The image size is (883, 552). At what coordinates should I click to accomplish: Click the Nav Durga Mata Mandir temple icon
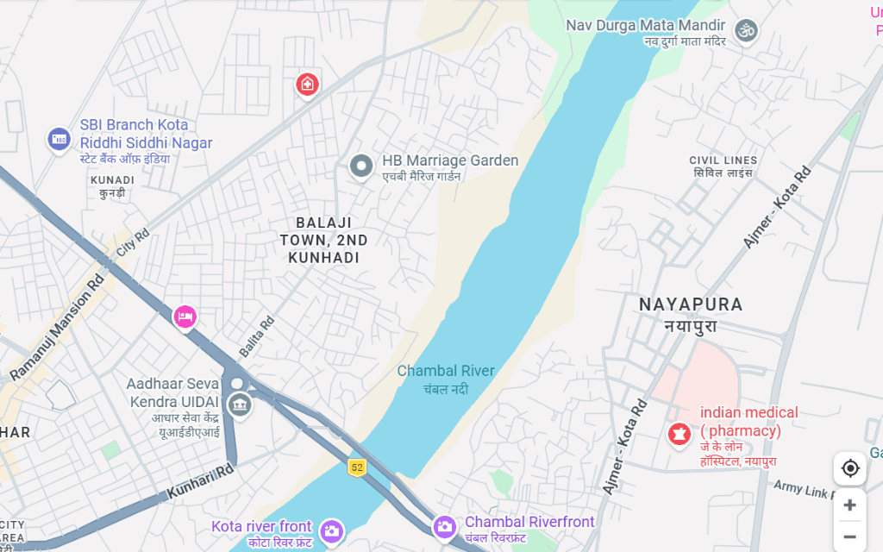[x=746, y=30]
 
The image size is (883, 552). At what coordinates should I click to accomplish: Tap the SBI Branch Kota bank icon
[x=59, y=138]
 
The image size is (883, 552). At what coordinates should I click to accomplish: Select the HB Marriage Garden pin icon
[x=360, y=166]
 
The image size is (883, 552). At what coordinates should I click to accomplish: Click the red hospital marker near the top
[x=307, y=85]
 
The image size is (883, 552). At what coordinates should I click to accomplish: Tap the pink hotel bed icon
[x=185, y=317]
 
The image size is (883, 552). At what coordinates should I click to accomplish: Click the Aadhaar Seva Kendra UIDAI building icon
[x=239, y=405]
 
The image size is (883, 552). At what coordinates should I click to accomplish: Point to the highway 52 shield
[x=357, y=467]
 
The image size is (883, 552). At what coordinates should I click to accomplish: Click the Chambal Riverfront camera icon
[x=444, y=525]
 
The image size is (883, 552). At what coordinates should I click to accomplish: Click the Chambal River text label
[x=446, y=372]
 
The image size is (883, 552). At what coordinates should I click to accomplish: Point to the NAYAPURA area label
[x=691, y=304]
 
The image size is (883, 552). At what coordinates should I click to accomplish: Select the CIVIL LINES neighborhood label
[x=723, y=160]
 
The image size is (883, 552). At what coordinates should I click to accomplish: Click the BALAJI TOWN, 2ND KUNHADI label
[x=324, y=240]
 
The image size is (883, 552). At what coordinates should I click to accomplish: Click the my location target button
[x=850, y=468]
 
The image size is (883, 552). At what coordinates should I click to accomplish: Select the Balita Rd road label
[x=256, y=336]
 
